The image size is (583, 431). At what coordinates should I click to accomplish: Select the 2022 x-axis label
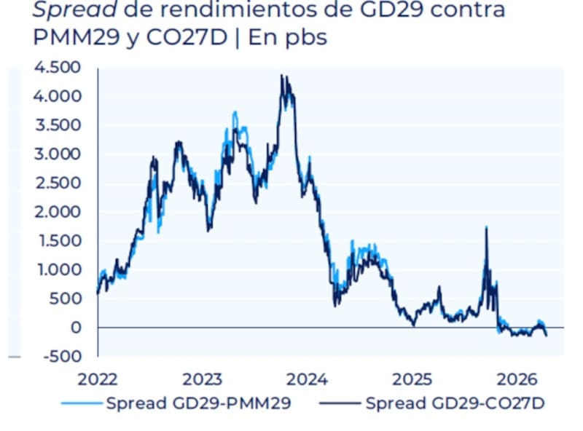(x=98, y=379)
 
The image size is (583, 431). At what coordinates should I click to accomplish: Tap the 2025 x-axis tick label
(x=412, y=379)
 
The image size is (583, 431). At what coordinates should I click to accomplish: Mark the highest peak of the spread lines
(x=282, y=76)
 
